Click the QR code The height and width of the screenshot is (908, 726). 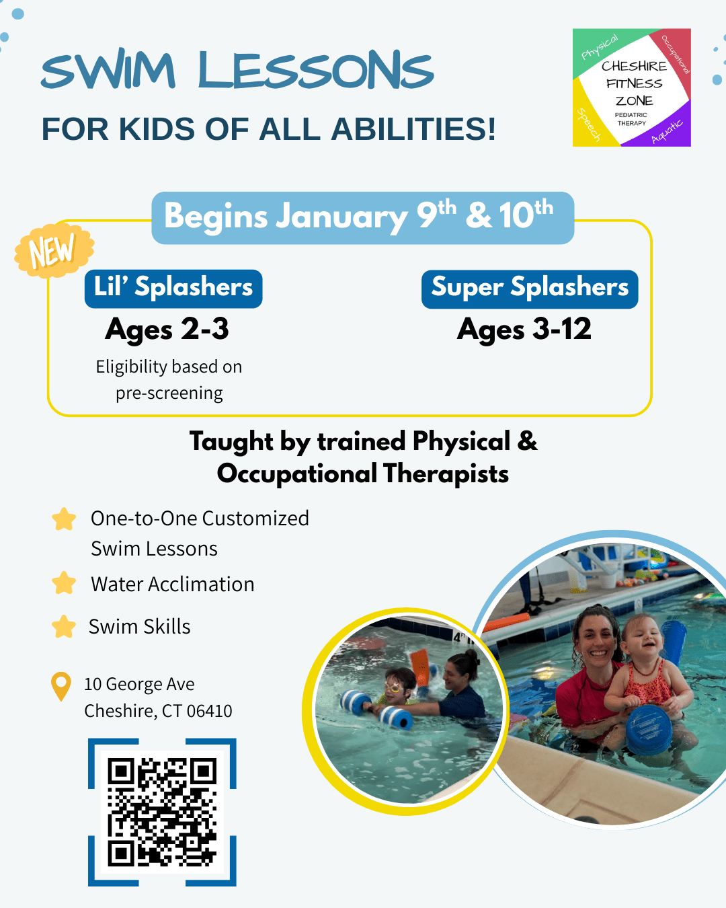click(162, 812)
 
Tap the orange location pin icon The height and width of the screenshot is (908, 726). click(61, 685)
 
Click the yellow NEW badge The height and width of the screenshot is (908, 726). click(54, 250)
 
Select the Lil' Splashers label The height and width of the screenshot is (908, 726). click(173, 289)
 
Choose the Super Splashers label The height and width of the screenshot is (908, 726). click(530, 289)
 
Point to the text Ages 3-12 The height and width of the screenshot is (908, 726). click(524, 330)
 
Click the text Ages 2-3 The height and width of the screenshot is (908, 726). click(167, 330)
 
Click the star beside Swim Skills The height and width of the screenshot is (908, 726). click(64, 626)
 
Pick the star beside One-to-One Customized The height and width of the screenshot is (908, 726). click(64, 519)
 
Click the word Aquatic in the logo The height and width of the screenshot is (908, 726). click(667, 131)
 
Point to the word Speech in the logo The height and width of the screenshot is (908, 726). click(589, 125)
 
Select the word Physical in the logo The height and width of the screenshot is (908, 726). click(600, 47)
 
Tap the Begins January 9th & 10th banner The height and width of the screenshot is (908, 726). click(363, 218)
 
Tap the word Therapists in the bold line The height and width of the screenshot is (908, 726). click(446, 474)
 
